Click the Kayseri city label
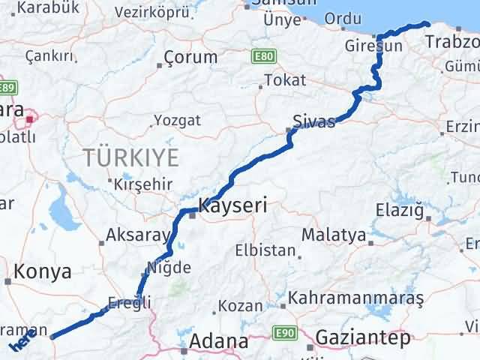pos(232,203)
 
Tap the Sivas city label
pos(314,121)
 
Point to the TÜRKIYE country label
pos(131,157)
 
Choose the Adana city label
pos(218,341)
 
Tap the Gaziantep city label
pos(363,338)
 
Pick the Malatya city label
pos(333,235)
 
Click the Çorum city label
pos(190,57)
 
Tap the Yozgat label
pos(177,120)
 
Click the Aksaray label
pos(138,235)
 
